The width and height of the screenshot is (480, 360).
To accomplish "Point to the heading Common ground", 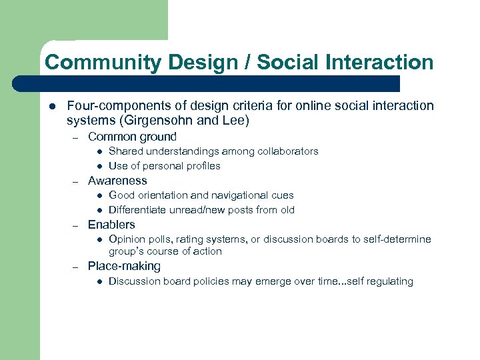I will (x=132, y=137).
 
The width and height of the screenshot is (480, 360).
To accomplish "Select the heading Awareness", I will (x=117, y=181).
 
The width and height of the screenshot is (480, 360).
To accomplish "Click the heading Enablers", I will (x=111, y=225).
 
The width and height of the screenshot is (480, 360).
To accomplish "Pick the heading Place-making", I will (x=124, y=266).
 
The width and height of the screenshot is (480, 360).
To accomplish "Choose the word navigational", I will (x=243, y=195).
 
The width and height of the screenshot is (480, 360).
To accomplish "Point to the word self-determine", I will (x=399, y=239).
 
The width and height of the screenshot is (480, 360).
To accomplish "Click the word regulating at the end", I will (x=391, y=281).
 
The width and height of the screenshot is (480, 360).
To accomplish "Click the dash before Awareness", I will (x=77, y=181).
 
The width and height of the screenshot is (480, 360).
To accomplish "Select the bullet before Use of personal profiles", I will (x=97, y=166).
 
